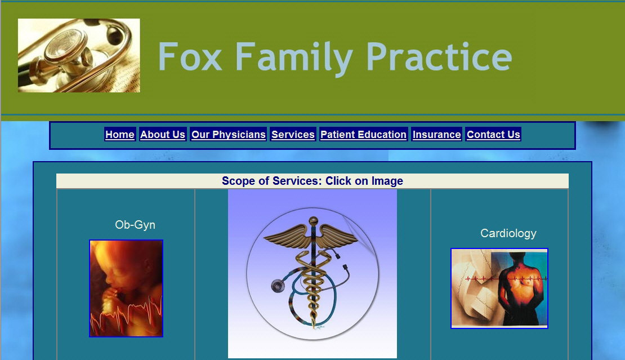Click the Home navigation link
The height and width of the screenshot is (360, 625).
point(120,135)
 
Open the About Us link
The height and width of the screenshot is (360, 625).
point(163,135)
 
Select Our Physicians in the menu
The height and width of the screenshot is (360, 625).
point(229,135)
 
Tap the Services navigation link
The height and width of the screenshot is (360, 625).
point(293,135)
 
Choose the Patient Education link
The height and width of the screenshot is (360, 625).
point(364,135)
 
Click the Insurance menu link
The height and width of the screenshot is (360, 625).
point(437,135)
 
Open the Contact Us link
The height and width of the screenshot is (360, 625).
point(493,135)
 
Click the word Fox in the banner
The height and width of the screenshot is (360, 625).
point(190,57)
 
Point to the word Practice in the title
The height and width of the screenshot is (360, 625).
point(439,57)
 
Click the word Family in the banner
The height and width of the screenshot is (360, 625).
point(294,59)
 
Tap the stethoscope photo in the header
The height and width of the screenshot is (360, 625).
point(79,55)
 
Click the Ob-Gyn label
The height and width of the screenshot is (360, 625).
point(135,225)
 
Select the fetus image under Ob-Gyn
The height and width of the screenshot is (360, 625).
point(126,288)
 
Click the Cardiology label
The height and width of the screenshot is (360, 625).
point(508,233)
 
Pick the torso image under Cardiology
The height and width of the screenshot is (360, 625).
point(499,288)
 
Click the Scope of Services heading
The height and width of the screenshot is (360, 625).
point(312,181)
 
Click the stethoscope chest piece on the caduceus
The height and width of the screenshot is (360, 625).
point(278,286)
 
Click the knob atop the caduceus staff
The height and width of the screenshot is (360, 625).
point(314,220)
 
